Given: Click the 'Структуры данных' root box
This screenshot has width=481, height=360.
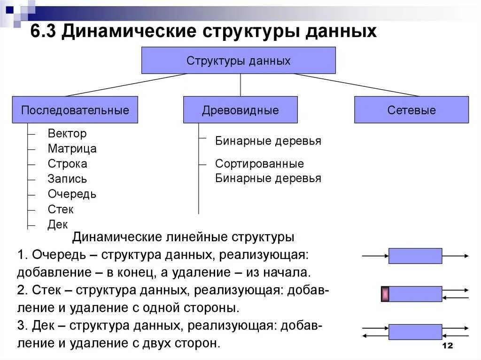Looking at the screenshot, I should (x=239, y=61).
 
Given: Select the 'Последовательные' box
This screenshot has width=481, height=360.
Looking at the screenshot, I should (x=75, y=110).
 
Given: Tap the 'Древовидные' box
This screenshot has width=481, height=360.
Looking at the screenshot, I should (x=240, y=110).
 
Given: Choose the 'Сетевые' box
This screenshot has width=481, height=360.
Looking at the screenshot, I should (x=411, y=110).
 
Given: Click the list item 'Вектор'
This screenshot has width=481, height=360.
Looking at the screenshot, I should (x=67, y=134).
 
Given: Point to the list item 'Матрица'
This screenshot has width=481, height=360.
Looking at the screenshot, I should (x=72, y=149).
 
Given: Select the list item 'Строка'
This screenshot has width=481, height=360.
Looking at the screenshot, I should (x=67, y=164).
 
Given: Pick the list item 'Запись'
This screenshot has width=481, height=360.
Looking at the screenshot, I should (x=67, y=179).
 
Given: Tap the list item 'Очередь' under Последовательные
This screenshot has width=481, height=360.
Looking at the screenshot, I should (x=72, y=194).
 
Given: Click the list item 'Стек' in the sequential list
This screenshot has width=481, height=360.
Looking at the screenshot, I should (x=61, y=209).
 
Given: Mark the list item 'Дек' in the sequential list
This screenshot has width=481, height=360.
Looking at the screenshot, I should (x=58, y=224).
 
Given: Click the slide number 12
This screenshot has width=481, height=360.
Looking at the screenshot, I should (x=447, y=346).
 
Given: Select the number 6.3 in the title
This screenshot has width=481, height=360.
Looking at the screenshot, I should (x=43, y=32).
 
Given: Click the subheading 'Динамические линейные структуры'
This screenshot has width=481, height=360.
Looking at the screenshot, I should (x=183, y=237).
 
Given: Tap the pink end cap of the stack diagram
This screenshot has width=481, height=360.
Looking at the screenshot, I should (x=385, y=294).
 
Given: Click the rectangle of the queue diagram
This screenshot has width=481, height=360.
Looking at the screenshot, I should (x=415, y=256).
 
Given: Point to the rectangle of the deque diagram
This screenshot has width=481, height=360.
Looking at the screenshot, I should (x=415, y=332).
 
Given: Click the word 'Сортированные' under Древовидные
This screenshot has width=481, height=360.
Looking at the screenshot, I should (x=259, y=164).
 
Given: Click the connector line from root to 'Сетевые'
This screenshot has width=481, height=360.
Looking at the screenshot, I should (x=357, y=85).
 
